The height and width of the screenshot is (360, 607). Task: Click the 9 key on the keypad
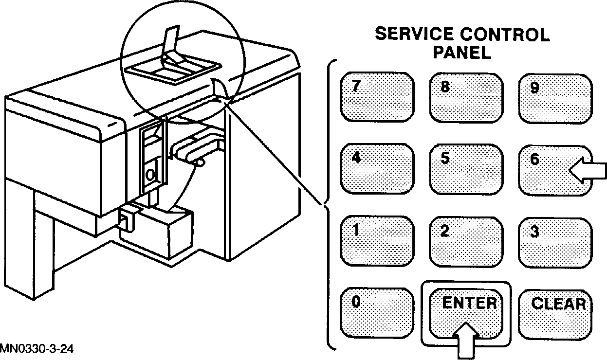point(555,98)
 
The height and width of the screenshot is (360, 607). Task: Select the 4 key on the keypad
point(377,168)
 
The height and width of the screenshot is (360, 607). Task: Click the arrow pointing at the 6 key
point(588,171)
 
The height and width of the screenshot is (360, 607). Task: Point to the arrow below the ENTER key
point(466,341)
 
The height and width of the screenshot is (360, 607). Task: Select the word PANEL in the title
point(462,52)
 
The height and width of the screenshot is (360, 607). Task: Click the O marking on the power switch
point(151,173)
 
